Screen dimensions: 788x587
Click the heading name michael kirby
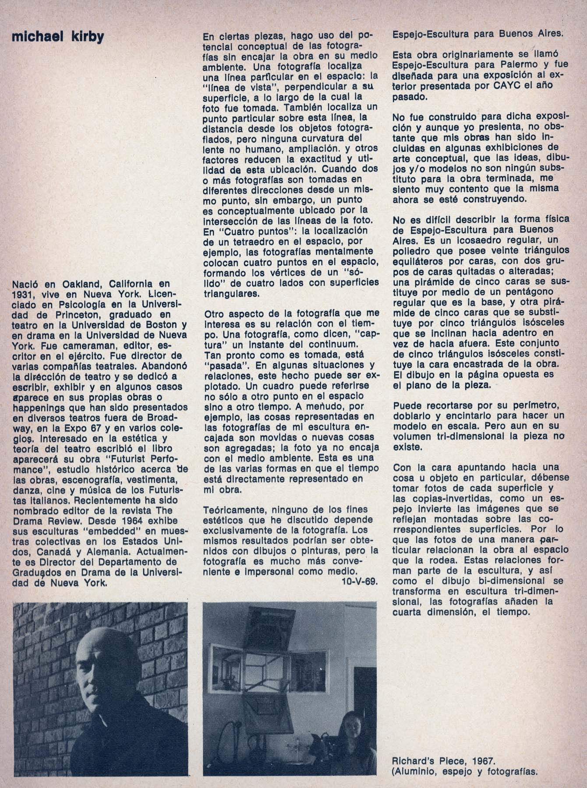coord(58,38)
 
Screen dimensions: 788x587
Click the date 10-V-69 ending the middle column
coord(359,581)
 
